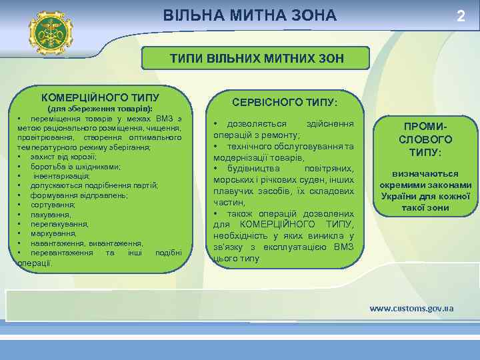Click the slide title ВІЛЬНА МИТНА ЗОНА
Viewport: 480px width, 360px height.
click(x=250, y=15)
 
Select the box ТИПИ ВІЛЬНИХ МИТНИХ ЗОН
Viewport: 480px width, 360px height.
click(x=257, y=59)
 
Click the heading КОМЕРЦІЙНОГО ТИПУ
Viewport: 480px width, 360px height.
click(x=100, y=97)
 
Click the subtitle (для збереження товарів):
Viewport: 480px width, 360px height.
click(x=101, y=108)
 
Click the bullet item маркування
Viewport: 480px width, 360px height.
click(x=53, y=234)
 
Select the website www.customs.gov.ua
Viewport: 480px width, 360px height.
click(x=411, y=308)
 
